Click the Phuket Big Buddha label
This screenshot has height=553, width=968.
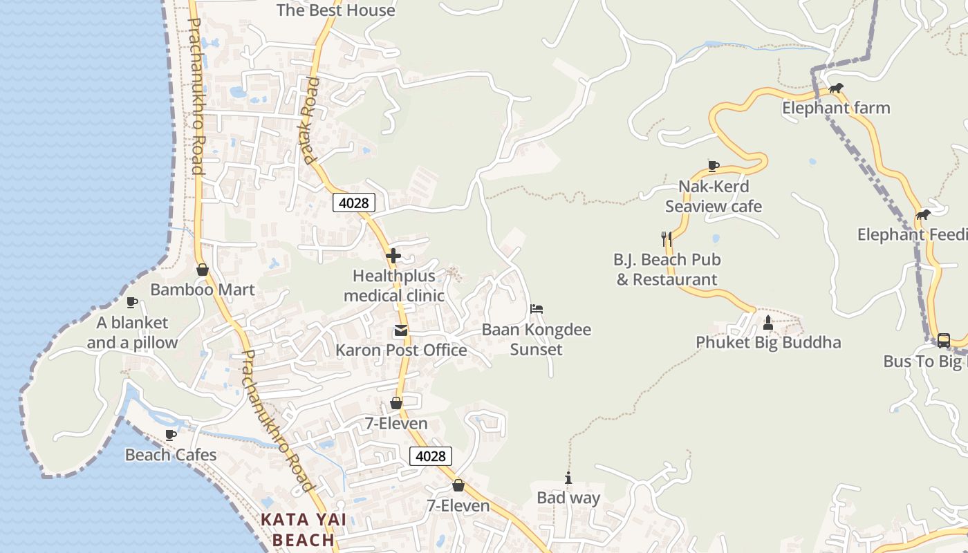[768, 342]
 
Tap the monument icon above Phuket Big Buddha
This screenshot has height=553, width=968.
[767, 322]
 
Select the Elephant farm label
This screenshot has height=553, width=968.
[836, 108]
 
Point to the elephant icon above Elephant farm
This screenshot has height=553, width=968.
[836, 88]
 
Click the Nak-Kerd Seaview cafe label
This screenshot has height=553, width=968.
[714, 196]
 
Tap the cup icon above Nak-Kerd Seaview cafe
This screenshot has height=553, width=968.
[714, 166]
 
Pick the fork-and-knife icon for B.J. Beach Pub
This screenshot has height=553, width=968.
[667, 239]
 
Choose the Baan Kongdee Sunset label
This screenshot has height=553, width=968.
[537, 339]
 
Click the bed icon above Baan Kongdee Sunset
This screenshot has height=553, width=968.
[537, 309]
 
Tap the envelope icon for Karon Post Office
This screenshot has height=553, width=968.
[401, 330]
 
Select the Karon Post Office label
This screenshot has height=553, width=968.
[401, 350]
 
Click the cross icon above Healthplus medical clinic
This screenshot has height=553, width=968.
[393, 256]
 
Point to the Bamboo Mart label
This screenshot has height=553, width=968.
[203, 290]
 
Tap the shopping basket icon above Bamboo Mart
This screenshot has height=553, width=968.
[203, 270]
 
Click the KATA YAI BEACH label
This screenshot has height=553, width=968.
[303, 529]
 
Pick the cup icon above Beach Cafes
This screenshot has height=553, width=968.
[171, 435]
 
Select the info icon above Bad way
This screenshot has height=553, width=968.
[568, 478]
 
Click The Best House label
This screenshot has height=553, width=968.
[336, 10]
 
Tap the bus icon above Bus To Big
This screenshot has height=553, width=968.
[944, 340]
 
